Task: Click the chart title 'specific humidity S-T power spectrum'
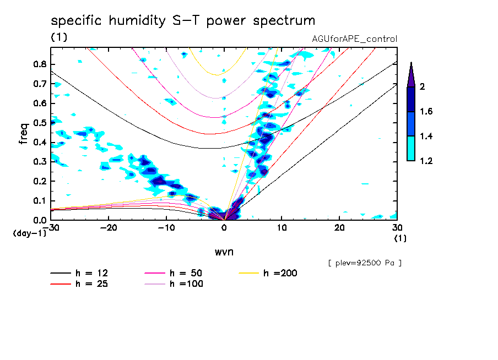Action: [183, 21]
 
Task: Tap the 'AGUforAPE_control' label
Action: [354, 39]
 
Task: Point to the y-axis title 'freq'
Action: [24, 133]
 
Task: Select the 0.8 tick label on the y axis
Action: [39, 64]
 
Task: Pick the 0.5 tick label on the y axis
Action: [39, 123]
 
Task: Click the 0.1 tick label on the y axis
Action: [39, 200]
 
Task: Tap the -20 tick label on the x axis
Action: [109, 228]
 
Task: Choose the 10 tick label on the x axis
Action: [282, 228]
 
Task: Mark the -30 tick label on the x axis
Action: [51, 228]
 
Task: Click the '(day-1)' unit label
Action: [30, 233]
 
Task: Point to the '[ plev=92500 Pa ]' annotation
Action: [365, 263]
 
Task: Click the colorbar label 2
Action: [425, 87]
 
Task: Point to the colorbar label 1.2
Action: [427, 161]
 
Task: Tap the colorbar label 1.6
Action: [427, 112]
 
